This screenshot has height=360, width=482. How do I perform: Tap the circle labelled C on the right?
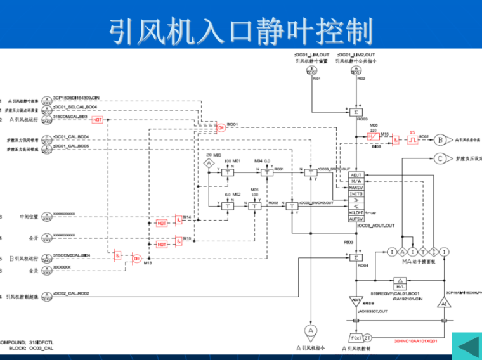pyautogui.click(x=441, y=158)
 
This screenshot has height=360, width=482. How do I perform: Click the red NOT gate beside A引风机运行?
pyautogui.click(x=98, y=120)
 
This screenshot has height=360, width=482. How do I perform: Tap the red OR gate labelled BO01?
pyautogui.click(x=221, y=128)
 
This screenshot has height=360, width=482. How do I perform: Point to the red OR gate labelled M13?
pyautogui.click(x=136, y=257)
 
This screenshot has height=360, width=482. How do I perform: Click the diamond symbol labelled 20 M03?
pyautogui.click(x=209, y=164)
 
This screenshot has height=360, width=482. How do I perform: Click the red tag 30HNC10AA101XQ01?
pyautogui.click(x=415, y=340)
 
